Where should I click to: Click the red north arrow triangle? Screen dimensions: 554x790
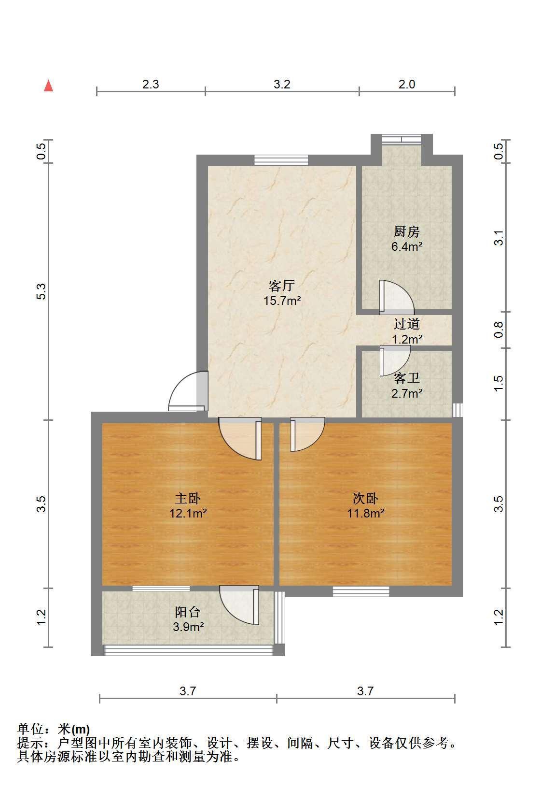pos(48,86)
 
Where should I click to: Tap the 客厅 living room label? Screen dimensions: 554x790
pos(281,286)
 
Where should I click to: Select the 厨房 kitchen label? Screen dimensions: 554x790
pos(407,232)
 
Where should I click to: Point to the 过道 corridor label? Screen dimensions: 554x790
pos(407,324)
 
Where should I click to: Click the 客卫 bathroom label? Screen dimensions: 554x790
pos(407,378)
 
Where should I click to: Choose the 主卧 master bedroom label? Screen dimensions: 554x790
pos(188,498)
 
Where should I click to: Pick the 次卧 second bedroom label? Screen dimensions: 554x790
pos(365,498)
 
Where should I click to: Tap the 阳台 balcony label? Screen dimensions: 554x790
pos(188,612)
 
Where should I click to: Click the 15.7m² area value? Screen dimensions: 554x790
pos(282,301)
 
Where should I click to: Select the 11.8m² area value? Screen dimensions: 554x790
pos(366,513)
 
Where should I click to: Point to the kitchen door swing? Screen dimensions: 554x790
pos(397,297)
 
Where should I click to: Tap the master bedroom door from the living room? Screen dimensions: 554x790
pos(240,439)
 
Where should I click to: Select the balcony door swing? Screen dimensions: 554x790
pos(239,605)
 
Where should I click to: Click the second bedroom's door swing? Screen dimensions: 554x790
pos(307,434)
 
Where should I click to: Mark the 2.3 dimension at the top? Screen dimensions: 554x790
pos(151,84)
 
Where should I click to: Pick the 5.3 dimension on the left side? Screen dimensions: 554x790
pos(41,291)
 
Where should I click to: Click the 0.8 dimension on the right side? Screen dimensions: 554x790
pos(499,330)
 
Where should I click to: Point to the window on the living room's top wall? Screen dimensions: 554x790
pos(281,160)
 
